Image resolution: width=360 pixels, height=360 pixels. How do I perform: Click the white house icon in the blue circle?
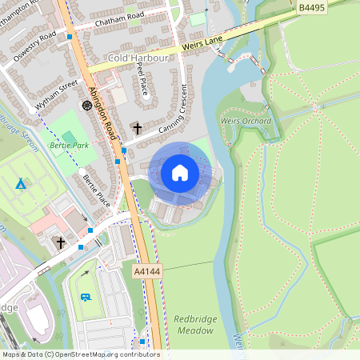click(x=180, y=172)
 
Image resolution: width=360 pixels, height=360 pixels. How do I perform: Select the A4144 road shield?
click(x=146, y=272)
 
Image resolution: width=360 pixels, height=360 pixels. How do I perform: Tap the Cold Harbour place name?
click(x=138, y=58)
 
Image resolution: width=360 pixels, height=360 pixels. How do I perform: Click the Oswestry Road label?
click(x=36, y=46)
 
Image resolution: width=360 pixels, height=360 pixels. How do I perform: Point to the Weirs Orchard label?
click(x=246, y=119)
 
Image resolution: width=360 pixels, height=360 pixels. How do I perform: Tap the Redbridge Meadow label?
click(x=194, y=324)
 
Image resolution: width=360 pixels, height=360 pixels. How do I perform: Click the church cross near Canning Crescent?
click(x=137, y=128)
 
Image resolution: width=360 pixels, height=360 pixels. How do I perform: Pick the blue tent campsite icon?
click(x=21, y=184)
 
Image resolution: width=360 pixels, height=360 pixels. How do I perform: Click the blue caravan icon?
click(x=86, y=297)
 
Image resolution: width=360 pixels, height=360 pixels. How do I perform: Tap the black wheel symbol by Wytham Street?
click(x=86, y=105)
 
